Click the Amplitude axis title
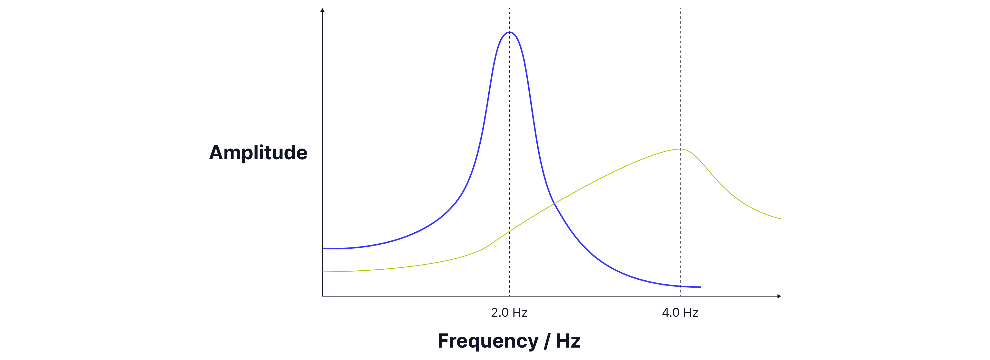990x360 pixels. [x=258, y=152]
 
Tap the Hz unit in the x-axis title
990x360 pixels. [x=568, y=341]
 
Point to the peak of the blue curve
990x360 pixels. [x=510, y=32]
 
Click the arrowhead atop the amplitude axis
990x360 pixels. [x=322, y=9]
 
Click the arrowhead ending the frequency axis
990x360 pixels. [x=779, y=296]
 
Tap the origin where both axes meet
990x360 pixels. [x=322, y=296]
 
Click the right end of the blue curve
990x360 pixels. [x=700, y=287]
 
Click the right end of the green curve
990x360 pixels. [x=781, y=219]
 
